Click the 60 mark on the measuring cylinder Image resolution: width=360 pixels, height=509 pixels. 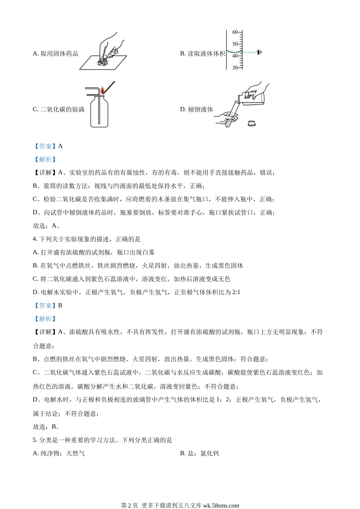click(235, 32)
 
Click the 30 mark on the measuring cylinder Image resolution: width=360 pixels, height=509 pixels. click(235, 68)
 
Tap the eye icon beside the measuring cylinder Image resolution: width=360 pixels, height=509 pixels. click(259, 52)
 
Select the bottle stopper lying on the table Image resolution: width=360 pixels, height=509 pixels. click(251, 123)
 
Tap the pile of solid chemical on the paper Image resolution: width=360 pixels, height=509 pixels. click(102, 62)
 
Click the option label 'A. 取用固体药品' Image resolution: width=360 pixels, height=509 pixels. click(55, 54)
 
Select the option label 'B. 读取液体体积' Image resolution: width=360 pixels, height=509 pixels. click(202, 54)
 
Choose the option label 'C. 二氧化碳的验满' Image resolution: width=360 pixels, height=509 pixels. click(58, 109)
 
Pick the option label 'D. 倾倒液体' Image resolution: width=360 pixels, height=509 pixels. click(196, 109)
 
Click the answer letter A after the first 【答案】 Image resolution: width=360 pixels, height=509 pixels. click(60, 146)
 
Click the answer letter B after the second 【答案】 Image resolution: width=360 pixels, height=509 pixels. click(60, 305)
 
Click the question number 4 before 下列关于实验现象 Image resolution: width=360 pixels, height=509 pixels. click(34, 239)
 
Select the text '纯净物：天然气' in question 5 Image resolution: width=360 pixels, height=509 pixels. click(63, 453)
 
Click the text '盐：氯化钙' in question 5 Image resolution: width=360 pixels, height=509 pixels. click(203, 453)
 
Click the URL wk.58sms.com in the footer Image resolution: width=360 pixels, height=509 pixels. click(221, 505)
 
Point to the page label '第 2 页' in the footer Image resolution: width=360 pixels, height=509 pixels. click(130, 505)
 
